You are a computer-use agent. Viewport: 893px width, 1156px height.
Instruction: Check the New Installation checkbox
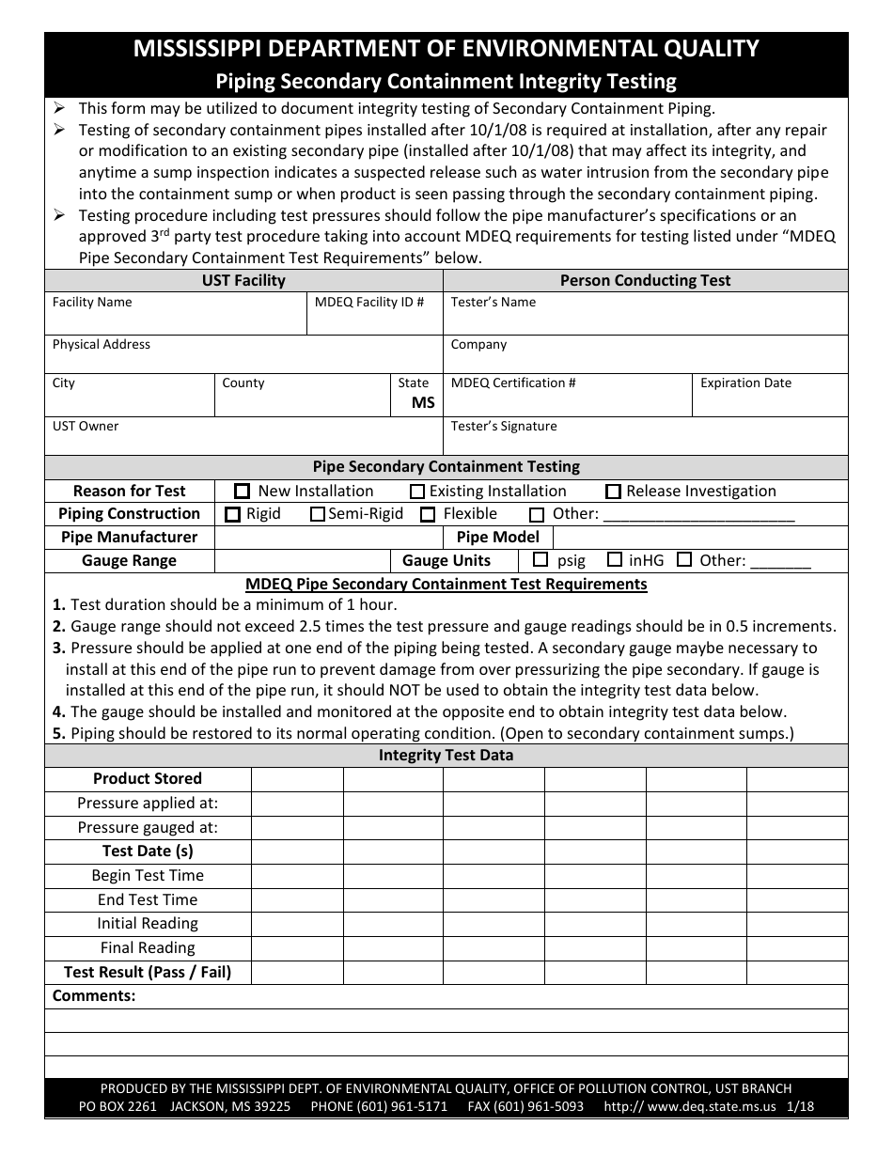click(243, 491)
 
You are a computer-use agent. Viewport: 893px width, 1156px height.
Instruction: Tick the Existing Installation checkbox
click(417, 491)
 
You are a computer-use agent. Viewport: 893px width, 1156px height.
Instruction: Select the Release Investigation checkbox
click(613, 491)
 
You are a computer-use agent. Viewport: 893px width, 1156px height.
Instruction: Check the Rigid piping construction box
click(232, 514)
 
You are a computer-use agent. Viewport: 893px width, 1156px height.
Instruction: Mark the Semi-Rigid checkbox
click(318, 514)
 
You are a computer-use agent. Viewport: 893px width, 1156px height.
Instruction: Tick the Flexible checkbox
click(428, 514)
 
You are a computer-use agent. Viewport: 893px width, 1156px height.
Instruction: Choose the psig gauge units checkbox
click(540, 560)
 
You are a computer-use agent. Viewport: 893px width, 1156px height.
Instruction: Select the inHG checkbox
click(615, 560)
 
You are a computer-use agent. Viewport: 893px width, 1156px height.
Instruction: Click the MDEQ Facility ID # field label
click(369, 303)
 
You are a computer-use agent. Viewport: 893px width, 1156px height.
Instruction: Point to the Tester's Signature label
click(504, 427)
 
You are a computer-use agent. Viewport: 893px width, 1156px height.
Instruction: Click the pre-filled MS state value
click(423, 402)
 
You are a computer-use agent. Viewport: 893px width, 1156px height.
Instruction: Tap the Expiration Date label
click(745, 383)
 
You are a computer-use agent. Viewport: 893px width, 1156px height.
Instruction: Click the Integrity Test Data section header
click(446, 756)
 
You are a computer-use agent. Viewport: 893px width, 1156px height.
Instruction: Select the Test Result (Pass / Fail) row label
click(148, 972)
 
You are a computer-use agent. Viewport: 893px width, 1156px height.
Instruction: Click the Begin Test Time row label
click(148, 875)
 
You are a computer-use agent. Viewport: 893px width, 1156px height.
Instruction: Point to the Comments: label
click(94, 996)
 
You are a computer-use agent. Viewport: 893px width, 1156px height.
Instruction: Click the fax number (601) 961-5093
click(525, 1106)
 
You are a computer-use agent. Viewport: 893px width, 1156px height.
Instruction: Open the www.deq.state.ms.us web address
click(712, 1106)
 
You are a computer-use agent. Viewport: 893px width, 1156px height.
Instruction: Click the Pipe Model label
click(498, 538)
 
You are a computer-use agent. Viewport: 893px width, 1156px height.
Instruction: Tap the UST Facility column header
click(243, 280)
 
